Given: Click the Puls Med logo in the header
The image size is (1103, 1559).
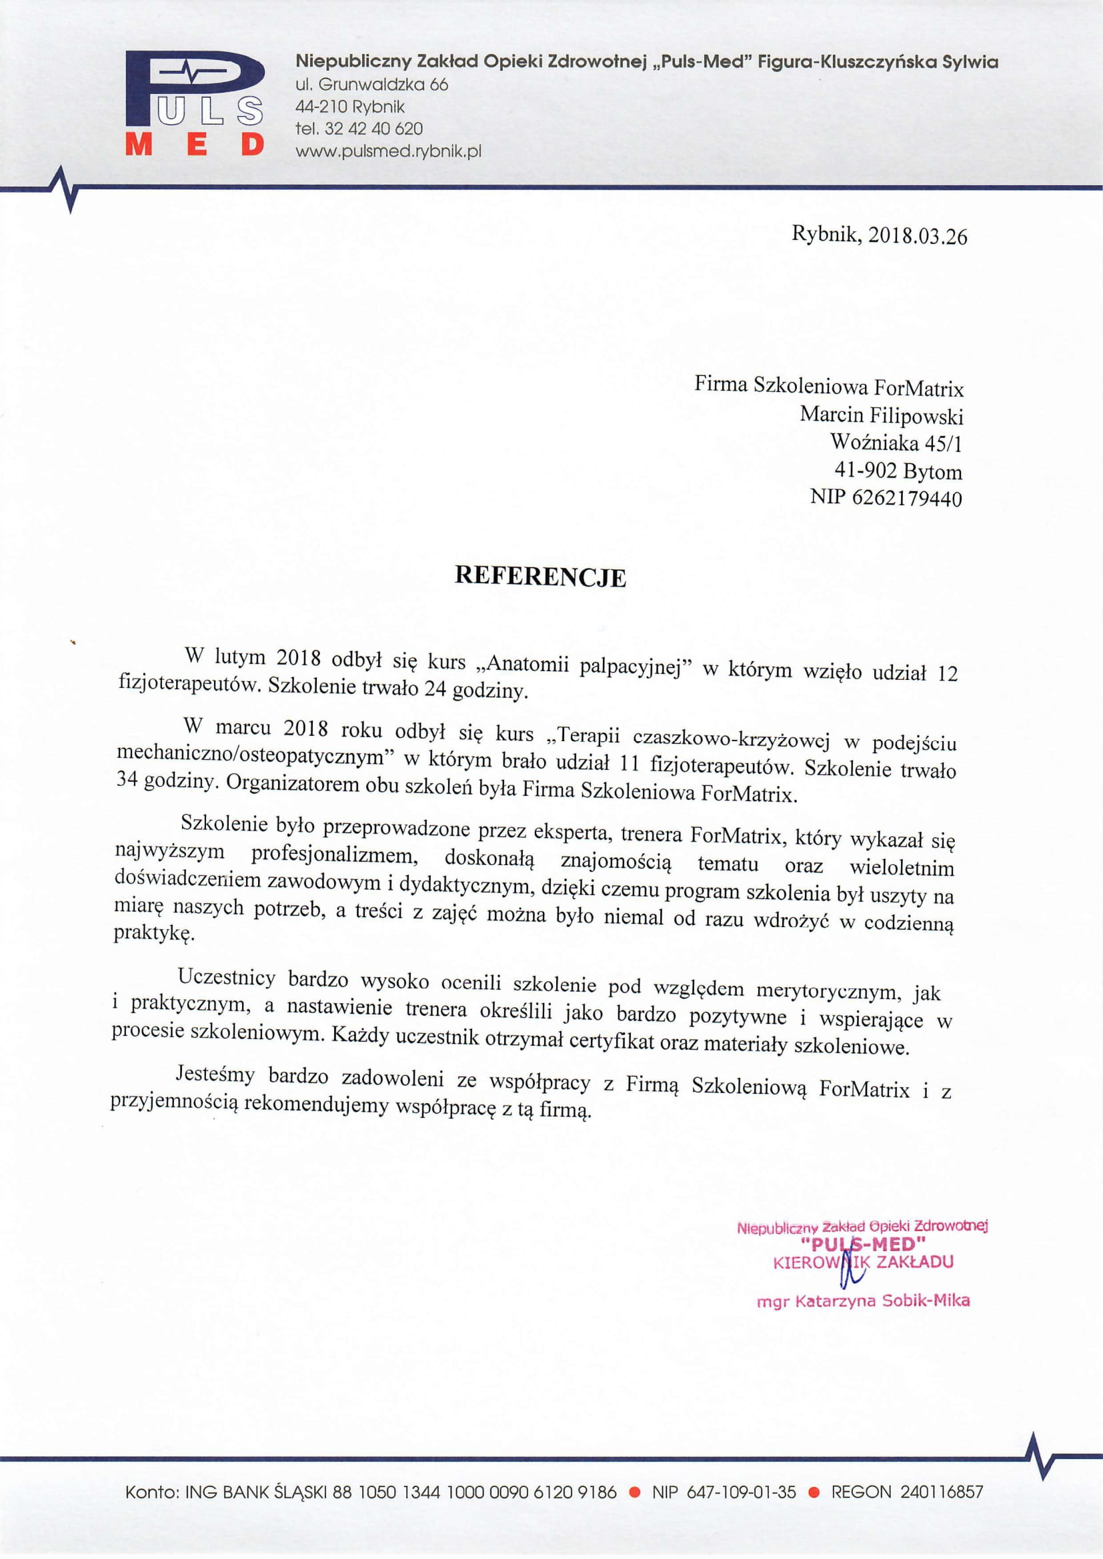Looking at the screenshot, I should pos(194,104).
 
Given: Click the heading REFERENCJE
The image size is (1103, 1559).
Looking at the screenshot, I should pos(540,576).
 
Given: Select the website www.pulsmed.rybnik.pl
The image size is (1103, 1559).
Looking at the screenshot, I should pos(388,151).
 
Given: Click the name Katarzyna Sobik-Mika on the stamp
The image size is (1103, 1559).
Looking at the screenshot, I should pos(882,1301).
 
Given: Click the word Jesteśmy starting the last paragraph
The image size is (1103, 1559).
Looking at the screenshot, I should pos(215,1074).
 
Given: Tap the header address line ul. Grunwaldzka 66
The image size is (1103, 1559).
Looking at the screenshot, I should pos(371,85).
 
